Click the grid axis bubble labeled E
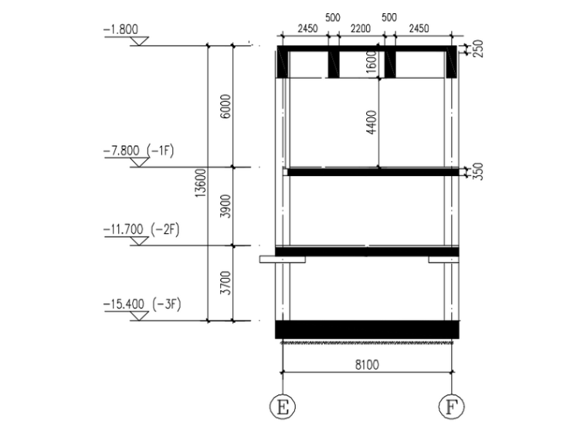tap(282, 406)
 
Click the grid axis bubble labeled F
tap(451, 406)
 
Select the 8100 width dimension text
tap(367, 364)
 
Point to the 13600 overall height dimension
tap(201, 183)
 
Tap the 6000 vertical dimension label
tap(226, 107)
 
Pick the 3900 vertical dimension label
tap(226, 206)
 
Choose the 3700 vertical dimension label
tap(226, 283)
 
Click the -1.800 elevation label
tap(120, 29)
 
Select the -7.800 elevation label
tap(121, 151)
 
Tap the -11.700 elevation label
tap(123, 229)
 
